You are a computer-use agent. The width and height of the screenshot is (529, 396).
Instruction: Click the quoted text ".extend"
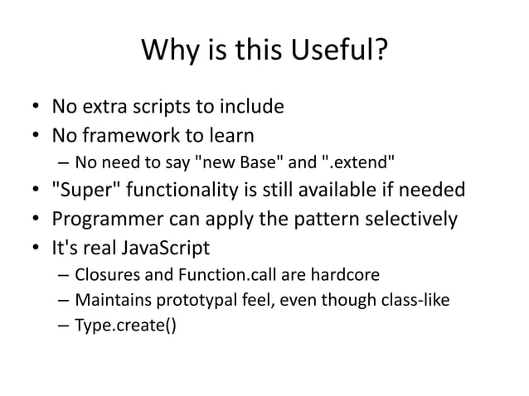[346, 161]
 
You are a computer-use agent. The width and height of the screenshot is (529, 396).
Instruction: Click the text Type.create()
[125, 326]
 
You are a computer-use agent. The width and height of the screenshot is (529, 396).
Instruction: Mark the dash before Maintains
[63, 300]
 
